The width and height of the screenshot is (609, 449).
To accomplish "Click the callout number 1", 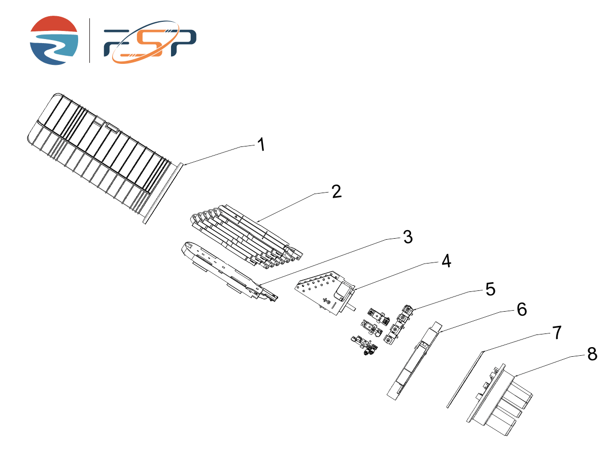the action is [261, 144].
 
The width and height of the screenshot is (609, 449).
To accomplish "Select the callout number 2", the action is [336, 191].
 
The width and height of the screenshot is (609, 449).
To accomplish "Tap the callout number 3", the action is [408, 237].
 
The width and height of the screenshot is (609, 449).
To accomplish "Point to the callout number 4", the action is [446, 261].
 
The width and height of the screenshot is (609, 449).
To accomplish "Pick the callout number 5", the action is [490, 289].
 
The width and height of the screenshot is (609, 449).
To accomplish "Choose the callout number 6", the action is [522, 310].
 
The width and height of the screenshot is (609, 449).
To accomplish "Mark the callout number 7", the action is [557, 332].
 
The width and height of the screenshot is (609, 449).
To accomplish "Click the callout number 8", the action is [592, 354].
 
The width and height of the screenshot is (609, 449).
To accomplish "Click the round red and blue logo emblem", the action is [54, 41].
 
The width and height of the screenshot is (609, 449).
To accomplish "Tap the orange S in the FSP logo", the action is [146, 42].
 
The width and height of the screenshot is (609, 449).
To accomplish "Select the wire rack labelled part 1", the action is [105, 158].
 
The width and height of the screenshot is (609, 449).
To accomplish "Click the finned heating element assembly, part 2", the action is [246, 237].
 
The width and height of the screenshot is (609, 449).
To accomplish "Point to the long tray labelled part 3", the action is [229, 272].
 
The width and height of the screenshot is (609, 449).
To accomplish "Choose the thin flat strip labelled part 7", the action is [464, 380].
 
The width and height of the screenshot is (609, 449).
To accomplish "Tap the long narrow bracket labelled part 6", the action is [415, 361].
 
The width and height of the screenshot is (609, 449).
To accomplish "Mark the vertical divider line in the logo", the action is [89, 41].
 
